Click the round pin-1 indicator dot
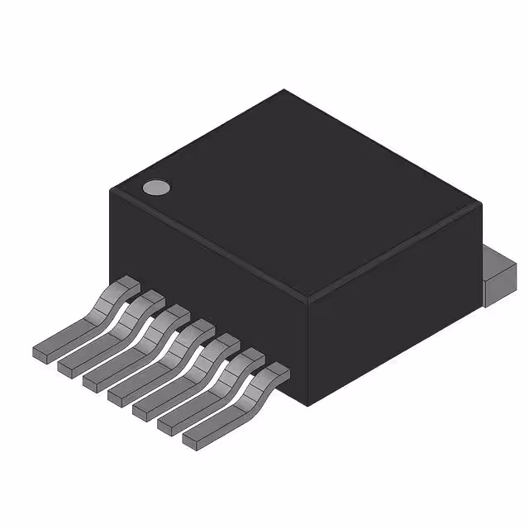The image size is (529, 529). tap(155, 188)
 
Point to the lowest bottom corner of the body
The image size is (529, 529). tap(311, 406)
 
